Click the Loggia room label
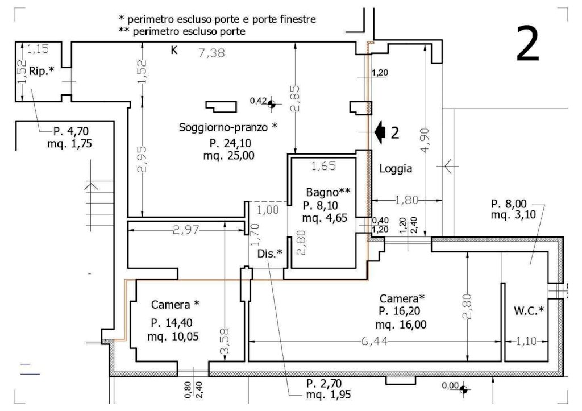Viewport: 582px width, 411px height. pyautogui.click(x=395, y=169)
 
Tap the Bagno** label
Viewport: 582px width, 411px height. pyautogui.click(x=326, y=192)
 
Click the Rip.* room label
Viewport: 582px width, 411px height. pyautogui.click(x=41, y=70)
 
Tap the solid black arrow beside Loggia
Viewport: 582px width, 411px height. pyautogui.click(x=381, y=131)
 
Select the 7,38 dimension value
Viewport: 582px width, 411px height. pyautogui.click(x=211, y=53)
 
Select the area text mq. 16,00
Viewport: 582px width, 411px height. pyautogui.click(x=401, y=325)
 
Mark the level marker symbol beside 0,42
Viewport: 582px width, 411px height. pyautogui.click(x=272, y=103)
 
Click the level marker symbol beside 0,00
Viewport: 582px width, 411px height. pyautogui.click(x=463, y=389)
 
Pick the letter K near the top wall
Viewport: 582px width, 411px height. pyautogui.click(x=174, y=51)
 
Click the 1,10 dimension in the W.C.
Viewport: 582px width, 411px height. pyautogui.click(x=526, y=342)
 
